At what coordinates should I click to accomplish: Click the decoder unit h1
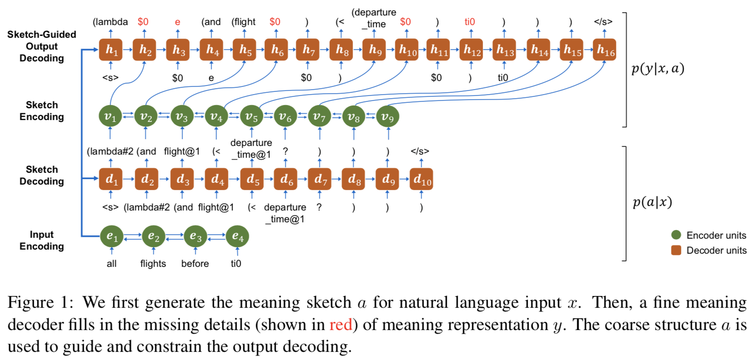111,50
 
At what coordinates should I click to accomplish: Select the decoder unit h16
605,50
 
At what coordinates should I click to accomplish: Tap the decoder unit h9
374,50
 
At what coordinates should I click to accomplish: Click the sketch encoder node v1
111,117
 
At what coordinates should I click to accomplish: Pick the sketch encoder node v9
388,117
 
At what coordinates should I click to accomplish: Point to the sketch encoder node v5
251,117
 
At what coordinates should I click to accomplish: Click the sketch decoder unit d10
422,180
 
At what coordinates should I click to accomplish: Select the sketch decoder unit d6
286,180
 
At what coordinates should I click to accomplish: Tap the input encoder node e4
237,236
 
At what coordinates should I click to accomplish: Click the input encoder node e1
112,236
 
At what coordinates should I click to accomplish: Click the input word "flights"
153,264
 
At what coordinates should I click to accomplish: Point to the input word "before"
195,264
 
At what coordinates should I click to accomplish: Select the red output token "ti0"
470,22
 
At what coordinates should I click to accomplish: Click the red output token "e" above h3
177,22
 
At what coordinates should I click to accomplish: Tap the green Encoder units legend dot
676,235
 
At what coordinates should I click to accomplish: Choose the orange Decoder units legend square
676,250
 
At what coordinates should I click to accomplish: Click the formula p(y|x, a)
658,69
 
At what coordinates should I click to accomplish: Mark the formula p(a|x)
652,202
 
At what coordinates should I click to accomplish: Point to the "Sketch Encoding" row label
41,111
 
